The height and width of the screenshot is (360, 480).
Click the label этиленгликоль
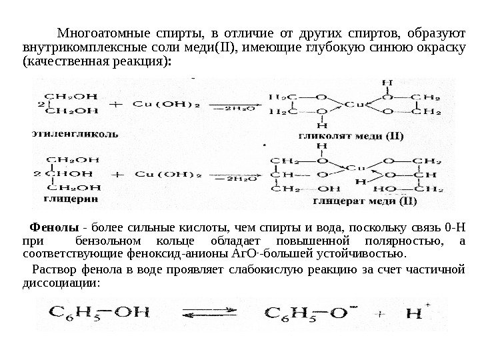point(75,133)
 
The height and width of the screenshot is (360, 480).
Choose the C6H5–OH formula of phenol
point(100,312)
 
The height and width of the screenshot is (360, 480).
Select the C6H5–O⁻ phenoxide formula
point(310,312)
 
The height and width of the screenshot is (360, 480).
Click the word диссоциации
point(56,282)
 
